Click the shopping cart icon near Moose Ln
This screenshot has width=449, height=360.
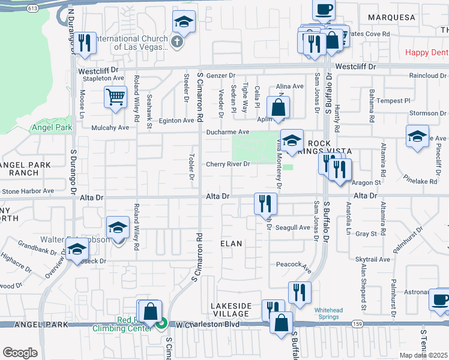pyautogui.click(x=115, y=97)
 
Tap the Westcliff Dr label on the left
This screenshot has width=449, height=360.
pyautogui.click(x=97, y=70)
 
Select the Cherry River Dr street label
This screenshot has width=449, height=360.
pyautogui.click(x=228, y=164)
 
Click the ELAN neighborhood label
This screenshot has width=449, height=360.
pyautogui.click(x=231, y=244)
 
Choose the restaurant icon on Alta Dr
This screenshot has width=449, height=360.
pyautogui.click(x=265, y=202)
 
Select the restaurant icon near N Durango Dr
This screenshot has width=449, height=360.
pyautogui.click(x=84, y=43)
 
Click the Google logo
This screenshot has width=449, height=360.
pyautogui.click(x=20, y=352)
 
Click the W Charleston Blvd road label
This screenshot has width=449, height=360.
pyautogui.click(x=208, y=325)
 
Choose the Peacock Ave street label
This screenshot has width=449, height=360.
pyautogui.click(x=293, y=264)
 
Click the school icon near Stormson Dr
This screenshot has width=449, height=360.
pyautogui.click(x=417, y=136)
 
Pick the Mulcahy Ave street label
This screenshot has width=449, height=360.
pyautogui.click(x=110, y=128)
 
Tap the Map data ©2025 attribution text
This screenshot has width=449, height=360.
pyautogui.click(x=423, y=355)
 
